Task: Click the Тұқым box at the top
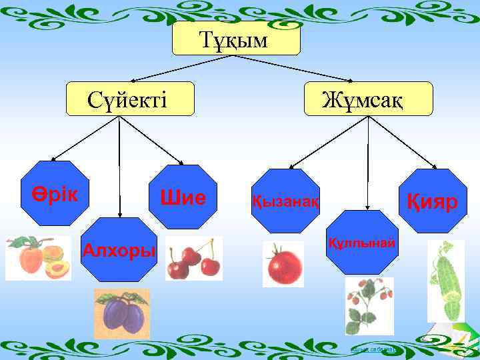pyautogui.click(x=236, y=39)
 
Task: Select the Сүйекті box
pyautogui.click(x=130, y=99)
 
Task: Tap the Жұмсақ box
pyautogui.click(x=369, y=99)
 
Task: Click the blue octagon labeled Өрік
pyautogui.click(x=55, y=193)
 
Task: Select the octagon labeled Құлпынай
pyautogui.click(x=362, y=242)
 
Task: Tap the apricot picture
pyautogui.click(x=38, y=258)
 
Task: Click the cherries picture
pyautogui.click(x=194, y=258)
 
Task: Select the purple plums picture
pyautogui.click(x=122, y=311)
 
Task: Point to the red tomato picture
pyautogui.click(x=284, y=265)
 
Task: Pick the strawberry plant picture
pyautogui.click(x=369, y=305)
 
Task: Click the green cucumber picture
pyautogui.click(x=445, y=279)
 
